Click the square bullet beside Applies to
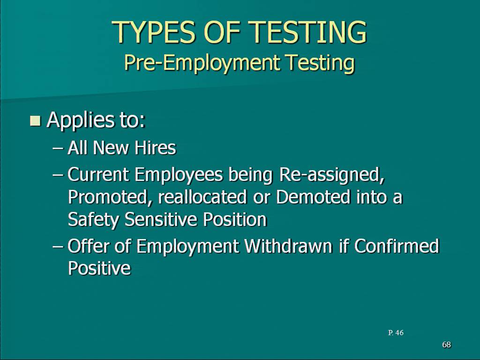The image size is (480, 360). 35,120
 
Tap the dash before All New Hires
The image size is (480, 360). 58,149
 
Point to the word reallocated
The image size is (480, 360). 202,197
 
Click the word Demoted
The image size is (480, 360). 313,197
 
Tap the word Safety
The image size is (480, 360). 93,220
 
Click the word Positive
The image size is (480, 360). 99,268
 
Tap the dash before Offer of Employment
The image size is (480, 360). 58,247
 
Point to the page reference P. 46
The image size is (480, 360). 396,333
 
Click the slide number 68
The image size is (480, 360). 447,345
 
